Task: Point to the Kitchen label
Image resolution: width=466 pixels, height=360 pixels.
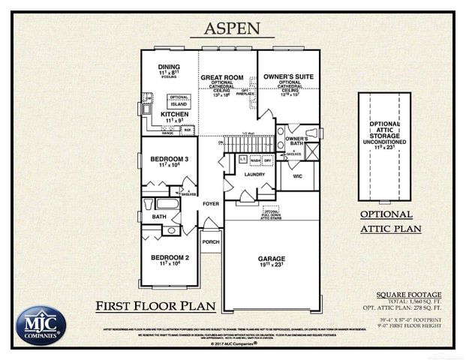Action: point(175,113)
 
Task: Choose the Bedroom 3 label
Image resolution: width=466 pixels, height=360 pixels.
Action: point(169,160)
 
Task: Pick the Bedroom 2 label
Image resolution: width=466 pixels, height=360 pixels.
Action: point(169,258)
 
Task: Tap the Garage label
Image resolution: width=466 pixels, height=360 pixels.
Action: point(272,258)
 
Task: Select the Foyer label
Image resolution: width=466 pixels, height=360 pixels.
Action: point(211,203)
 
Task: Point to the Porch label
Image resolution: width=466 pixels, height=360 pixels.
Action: point(211,241)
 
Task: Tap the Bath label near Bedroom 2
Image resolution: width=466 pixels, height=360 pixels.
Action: point(158,217)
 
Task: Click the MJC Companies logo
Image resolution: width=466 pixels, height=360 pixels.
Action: point(41,325)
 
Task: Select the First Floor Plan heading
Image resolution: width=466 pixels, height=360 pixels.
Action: point(155,305)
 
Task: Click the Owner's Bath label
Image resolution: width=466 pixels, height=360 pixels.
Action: point(296,141)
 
